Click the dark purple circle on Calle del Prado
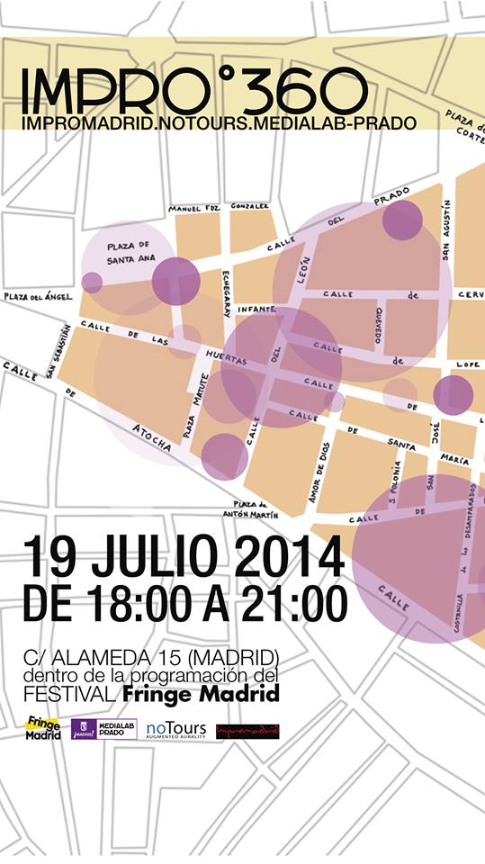(402, 220)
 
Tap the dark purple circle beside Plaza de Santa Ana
(175, 281)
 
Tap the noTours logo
(175, 730)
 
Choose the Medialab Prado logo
(103, 729)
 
